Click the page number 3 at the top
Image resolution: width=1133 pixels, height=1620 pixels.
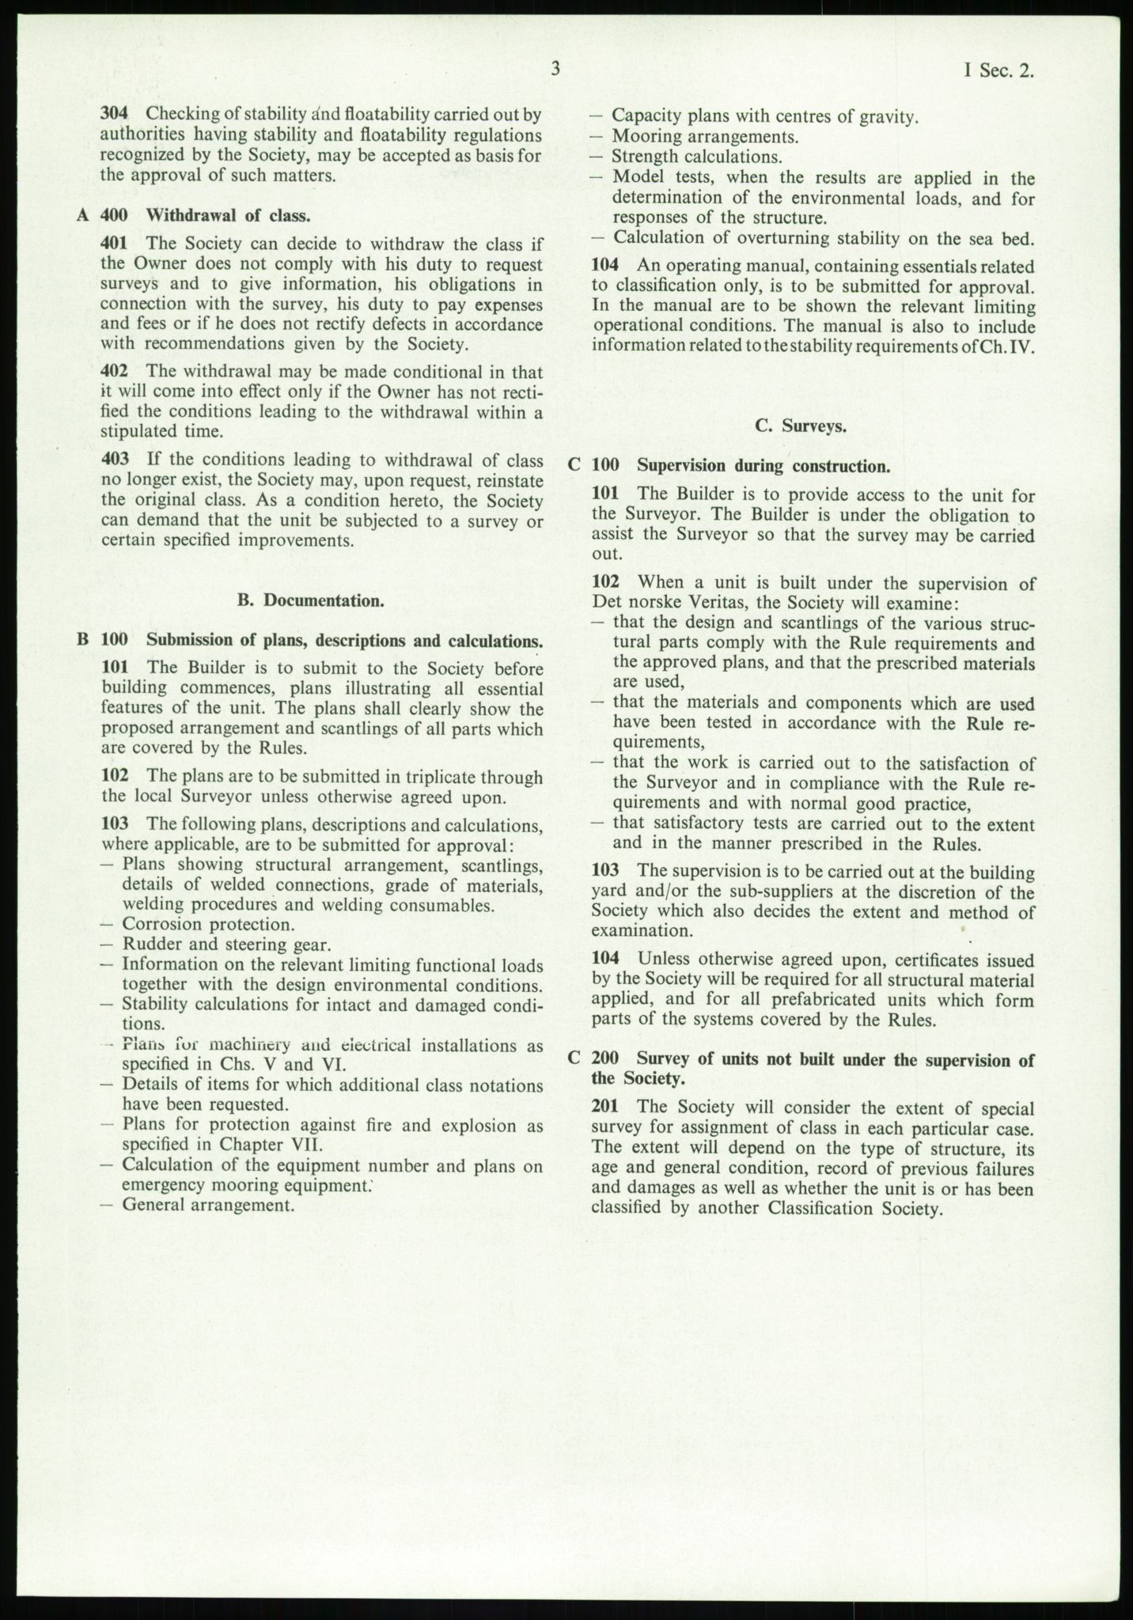pos(555,70)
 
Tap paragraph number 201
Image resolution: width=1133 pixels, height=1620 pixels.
pos(605,1108)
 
